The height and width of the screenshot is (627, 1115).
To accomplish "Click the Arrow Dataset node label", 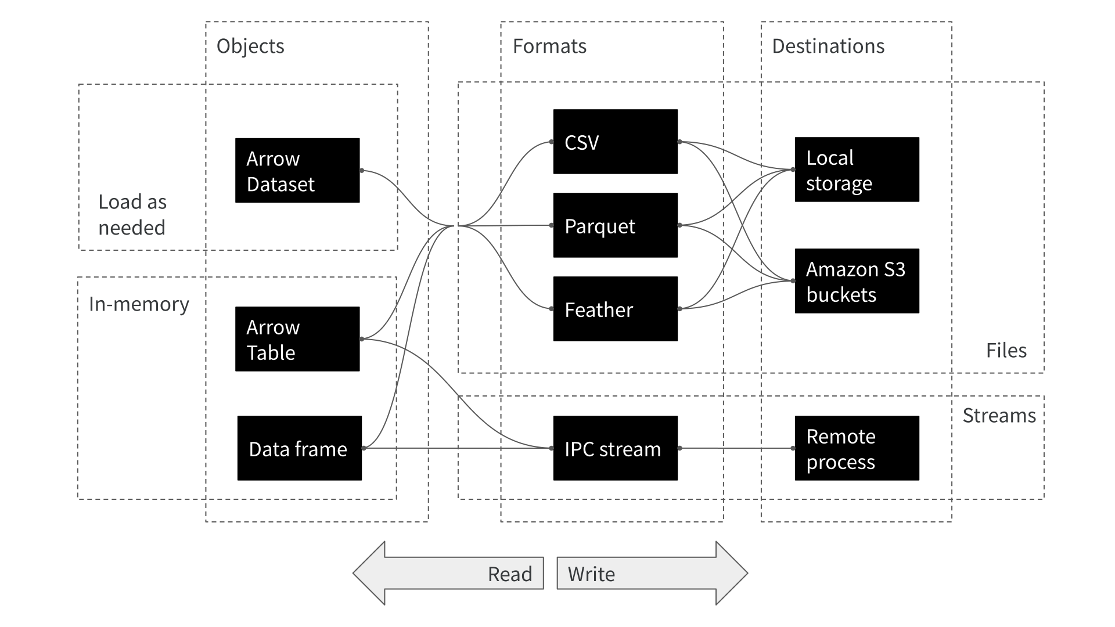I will tap(280, 171).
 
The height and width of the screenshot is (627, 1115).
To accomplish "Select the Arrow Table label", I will tap(272, 340).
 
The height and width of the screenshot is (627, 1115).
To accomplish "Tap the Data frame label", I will tap(297, 449).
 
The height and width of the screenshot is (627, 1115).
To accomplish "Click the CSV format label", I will tap(581, 143).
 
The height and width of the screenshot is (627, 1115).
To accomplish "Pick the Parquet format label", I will tap(599, 226).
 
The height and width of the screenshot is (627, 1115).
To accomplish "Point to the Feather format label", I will tap(598, 310).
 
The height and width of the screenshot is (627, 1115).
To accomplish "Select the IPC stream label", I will tap(612, 449).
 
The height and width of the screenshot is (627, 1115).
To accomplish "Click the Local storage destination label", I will tap(839, 171).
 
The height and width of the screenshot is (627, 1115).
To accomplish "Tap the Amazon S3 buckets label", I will tap(855, 282).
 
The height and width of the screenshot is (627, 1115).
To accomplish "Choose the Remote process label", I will tap(840, 449).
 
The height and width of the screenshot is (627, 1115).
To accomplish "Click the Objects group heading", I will tap(250, 46).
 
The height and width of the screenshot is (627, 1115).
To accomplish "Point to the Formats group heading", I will tap(549, 46).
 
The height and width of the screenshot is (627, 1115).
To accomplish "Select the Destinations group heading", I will tap(828, 46).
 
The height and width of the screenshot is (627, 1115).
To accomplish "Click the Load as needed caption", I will tap(132, 215).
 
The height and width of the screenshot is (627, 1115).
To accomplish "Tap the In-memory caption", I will tap(139, 304).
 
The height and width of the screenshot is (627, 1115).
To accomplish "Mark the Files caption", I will tap(1006, 351).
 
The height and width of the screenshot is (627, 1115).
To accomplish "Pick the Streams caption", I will tap(999, 416).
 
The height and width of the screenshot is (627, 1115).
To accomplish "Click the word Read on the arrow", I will tap(509, 574).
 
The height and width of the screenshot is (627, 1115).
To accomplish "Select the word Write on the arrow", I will tap(591, 574).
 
